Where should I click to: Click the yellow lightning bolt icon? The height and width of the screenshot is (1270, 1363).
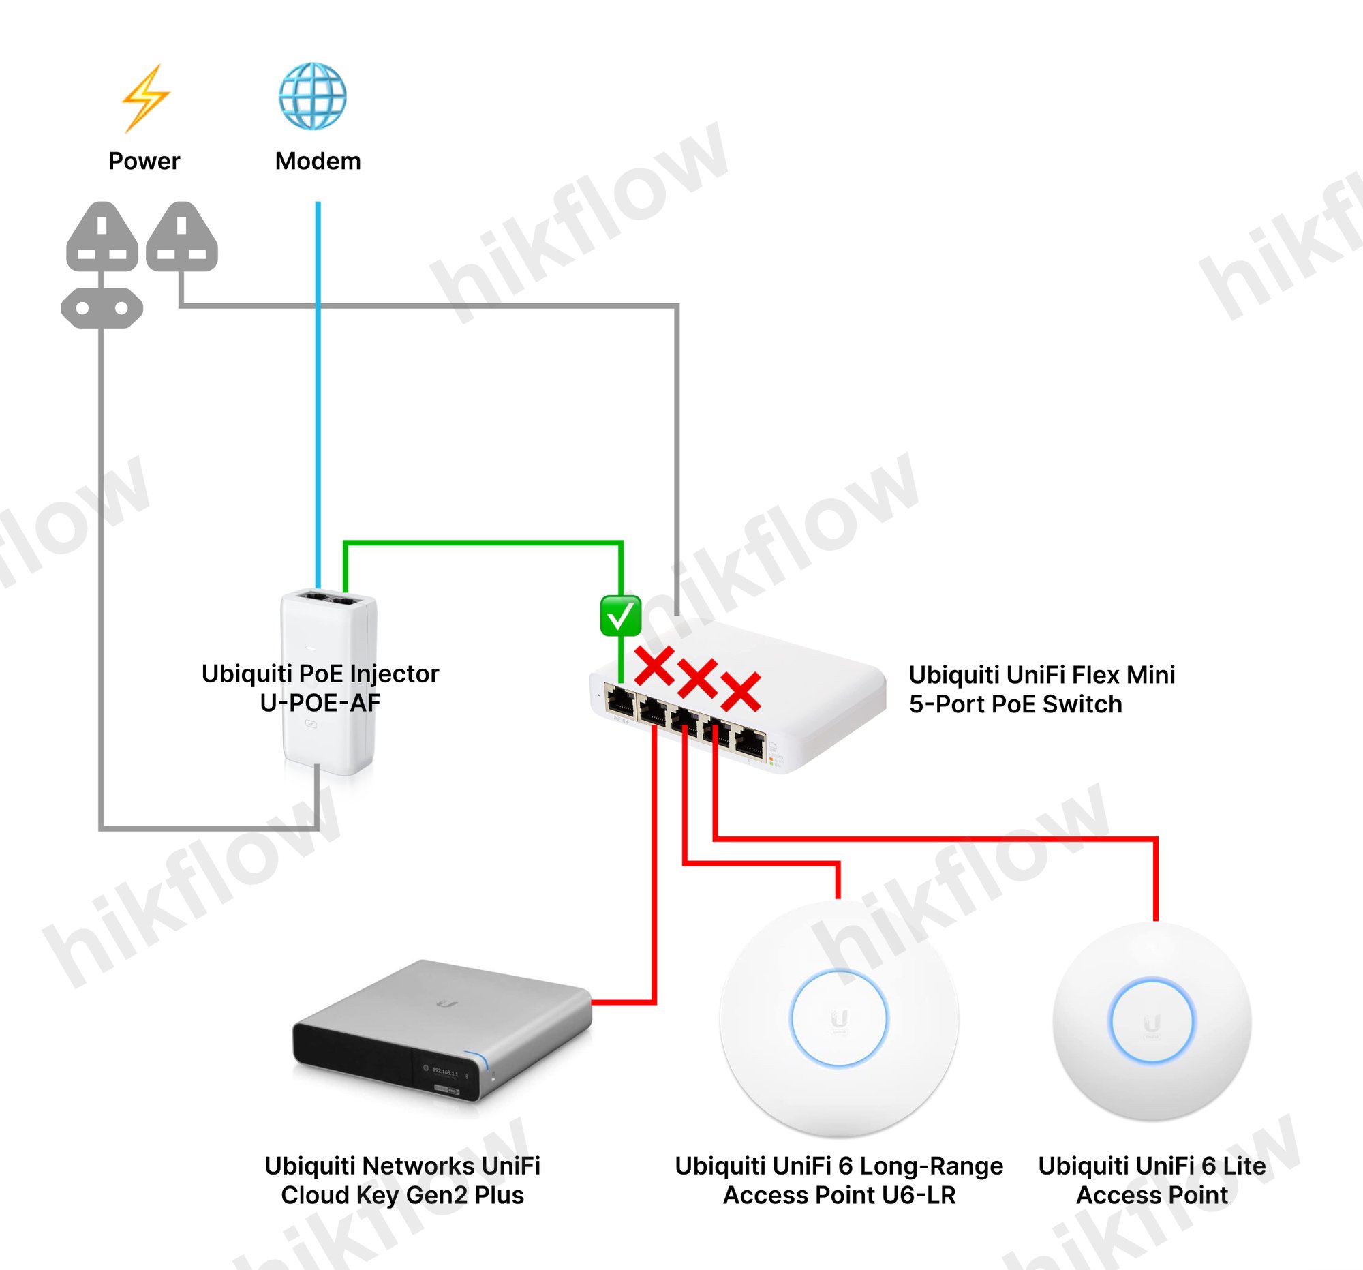coord(145,97)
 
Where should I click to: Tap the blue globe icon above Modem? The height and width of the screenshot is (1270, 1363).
coord(313,96)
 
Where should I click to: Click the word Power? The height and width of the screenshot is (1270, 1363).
coord(144,161)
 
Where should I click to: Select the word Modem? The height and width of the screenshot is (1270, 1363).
coord(318,161)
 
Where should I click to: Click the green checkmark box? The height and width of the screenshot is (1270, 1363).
coord(620,615)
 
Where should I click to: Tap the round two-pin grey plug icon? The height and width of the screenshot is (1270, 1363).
coord(102,308)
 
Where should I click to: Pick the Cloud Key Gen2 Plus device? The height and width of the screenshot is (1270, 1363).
coord(442,1029)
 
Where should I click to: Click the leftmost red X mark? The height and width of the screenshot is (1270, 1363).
coord(654,666)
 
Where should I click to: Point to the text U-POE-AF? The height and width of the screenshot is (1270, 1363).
coord(320,703)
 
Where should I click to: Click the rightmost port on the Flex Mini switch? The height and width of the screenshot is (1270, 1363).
coord(750,744)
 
